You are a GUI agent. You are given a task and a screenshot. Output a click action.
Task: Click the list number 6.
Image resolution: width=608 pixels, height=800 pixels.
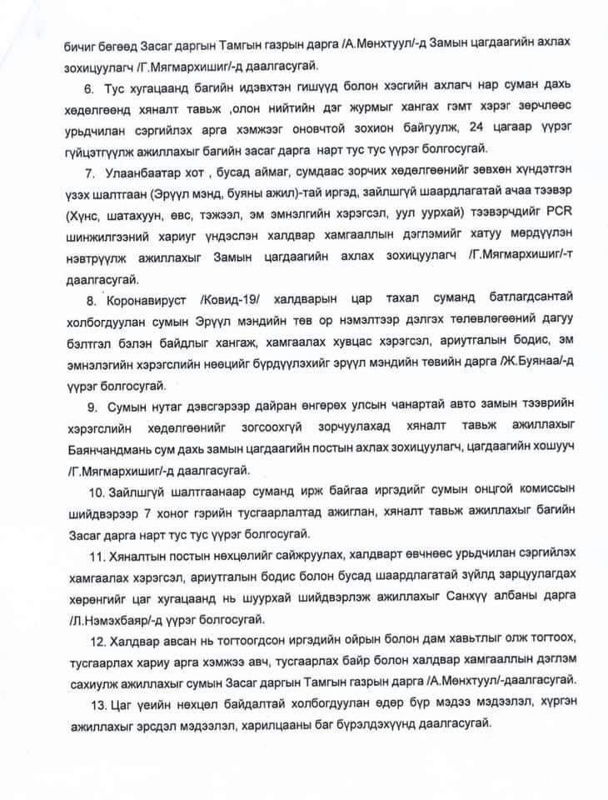pos(88,87)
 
